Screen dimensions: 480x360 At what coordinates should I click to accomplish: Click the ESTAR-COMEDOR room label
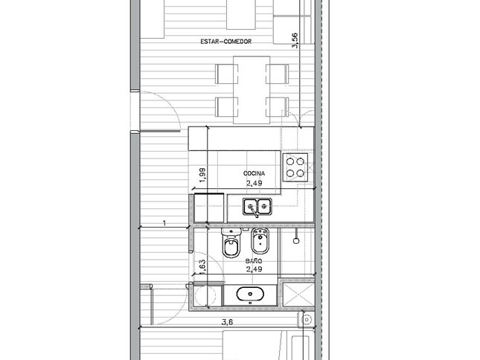pos(226,42)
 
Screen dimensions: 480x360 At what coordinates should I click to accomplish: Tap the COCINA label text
pos(254,173)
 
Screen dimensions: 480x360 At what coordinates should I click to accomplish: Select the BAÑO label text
pos(254,261)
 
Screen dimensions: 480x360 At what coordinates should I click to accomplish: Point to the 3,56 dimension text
pos(295,40)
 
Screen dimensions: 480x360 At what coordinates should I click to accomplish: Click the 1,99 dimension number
pos(202,176)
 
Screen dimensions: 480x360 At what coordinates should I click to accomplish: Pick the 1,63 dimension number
pos(202,267)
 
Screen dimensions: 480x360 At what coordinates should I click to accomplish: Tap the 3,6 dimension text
pos(228,322)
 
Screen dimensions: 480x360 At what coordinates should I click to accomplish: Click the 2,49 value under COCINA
pos(254,183)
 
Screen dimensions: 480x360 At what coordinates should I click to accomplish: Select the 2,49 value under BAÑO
pos(254,269)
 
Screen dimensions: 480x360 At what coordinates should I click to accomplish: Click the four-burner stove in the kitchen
pos(295,167)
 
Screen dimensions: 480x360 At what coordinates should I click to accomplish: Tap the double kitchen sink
pos(257,207)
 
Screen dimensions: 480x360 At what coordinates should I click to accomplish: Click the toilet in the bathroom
pos(231,243)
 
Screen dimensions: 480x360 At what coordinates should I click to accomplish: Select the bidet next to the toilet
pos(260,241)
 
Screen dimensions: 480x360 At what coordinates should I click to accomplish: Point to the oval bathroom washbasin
pos(250,295)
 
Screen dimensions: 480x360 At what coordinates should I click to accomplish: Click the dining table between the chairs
pos(252,90)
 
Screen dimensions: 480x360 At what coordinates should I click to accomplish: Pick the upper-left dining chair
pos(226,74)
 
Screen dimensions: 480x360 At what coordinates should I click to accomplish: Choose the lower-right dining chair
pos(278,107)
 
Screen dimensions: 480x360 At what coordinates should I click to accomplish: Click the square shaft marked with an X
pos(298,295)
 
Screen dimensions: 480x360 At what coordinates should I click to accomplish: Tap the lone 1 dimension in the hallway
pos(164,223)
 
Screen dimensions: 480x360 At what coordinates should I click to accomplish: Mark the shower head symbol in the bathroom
pos(296,241)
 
